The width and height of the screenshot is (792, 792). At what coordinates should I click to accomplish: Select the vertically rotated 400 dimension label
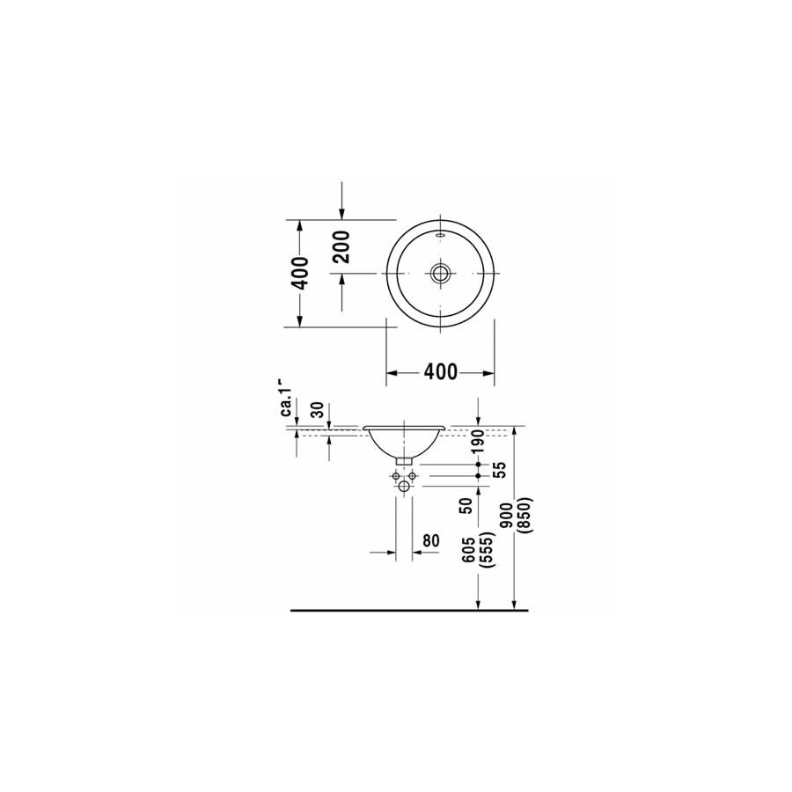300,274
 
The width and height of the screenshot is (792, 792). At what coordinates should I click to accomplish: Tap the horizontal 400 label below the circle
441,372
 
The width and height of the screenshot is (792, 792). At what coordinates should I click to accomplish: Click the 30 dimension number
317,409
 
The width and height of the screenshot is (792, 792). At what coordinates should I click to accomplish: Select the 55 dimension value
499,470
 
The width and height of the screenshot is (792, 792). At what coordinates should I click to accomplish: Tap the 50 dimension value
466,506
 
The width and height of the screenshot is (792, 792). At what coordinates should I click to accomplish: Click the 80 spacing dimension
431,540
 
